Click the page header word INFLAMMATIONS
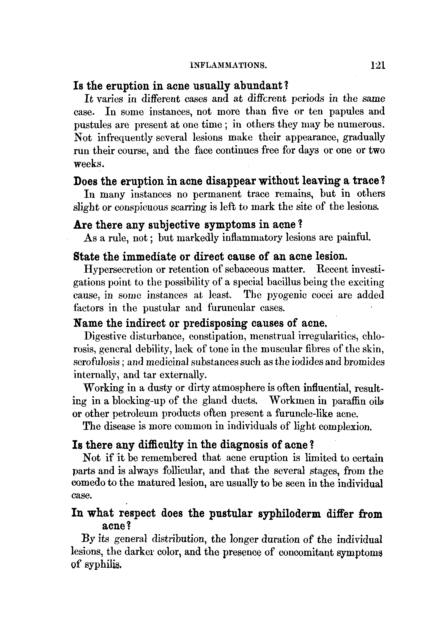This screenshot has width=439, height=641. click(x=228, y=65)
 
